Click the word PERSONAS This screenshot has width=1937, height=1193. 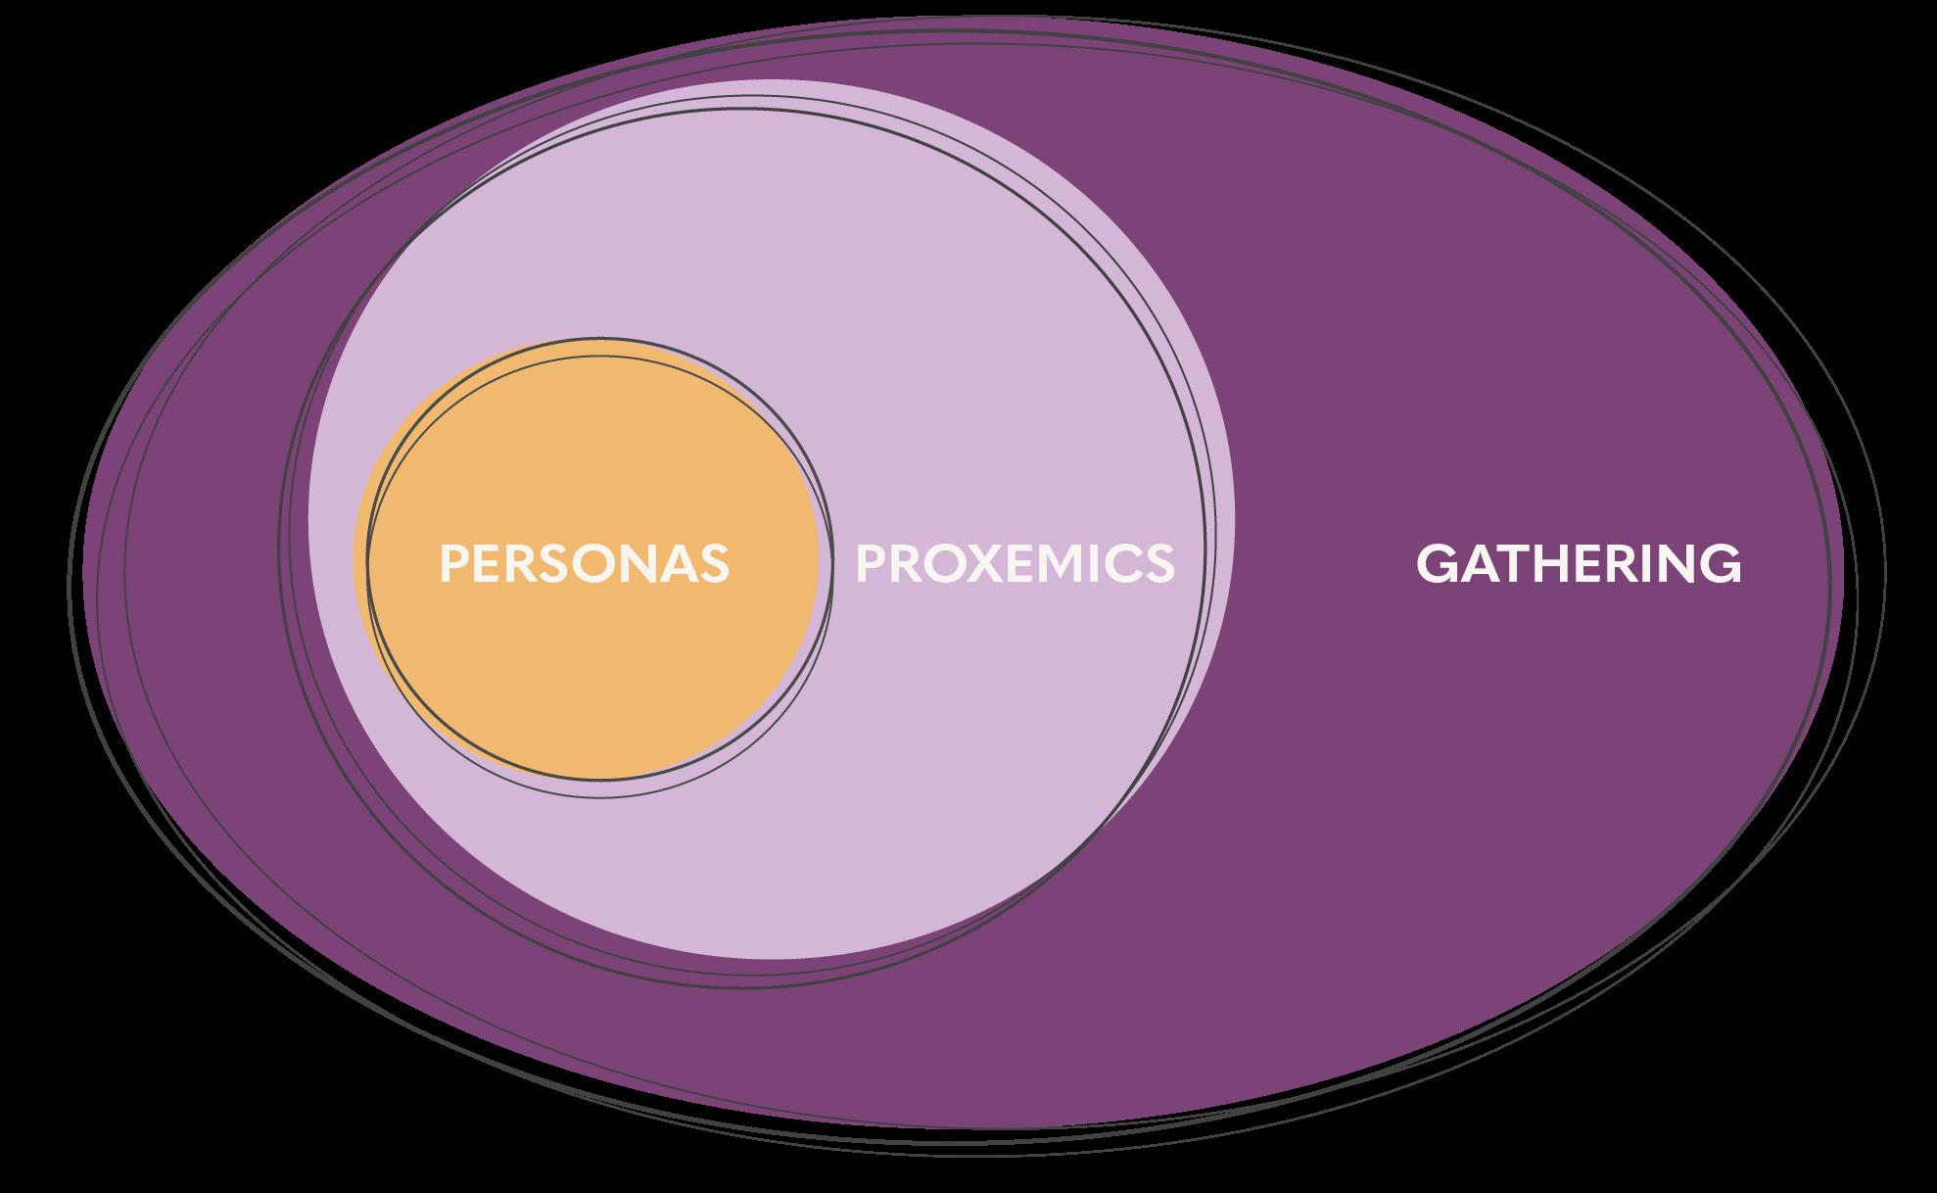[585, 564]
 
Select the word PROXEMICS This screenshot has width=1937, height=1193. [1015, 564]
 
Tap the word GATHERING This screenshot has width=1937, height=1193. [1579, 564]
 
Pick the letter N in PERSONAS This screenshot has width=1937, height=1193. [640, 564]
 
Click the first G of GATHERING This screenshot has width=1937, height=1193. [1435, 564]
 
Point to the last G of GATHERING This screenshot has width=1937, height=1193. [1724, 564]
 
